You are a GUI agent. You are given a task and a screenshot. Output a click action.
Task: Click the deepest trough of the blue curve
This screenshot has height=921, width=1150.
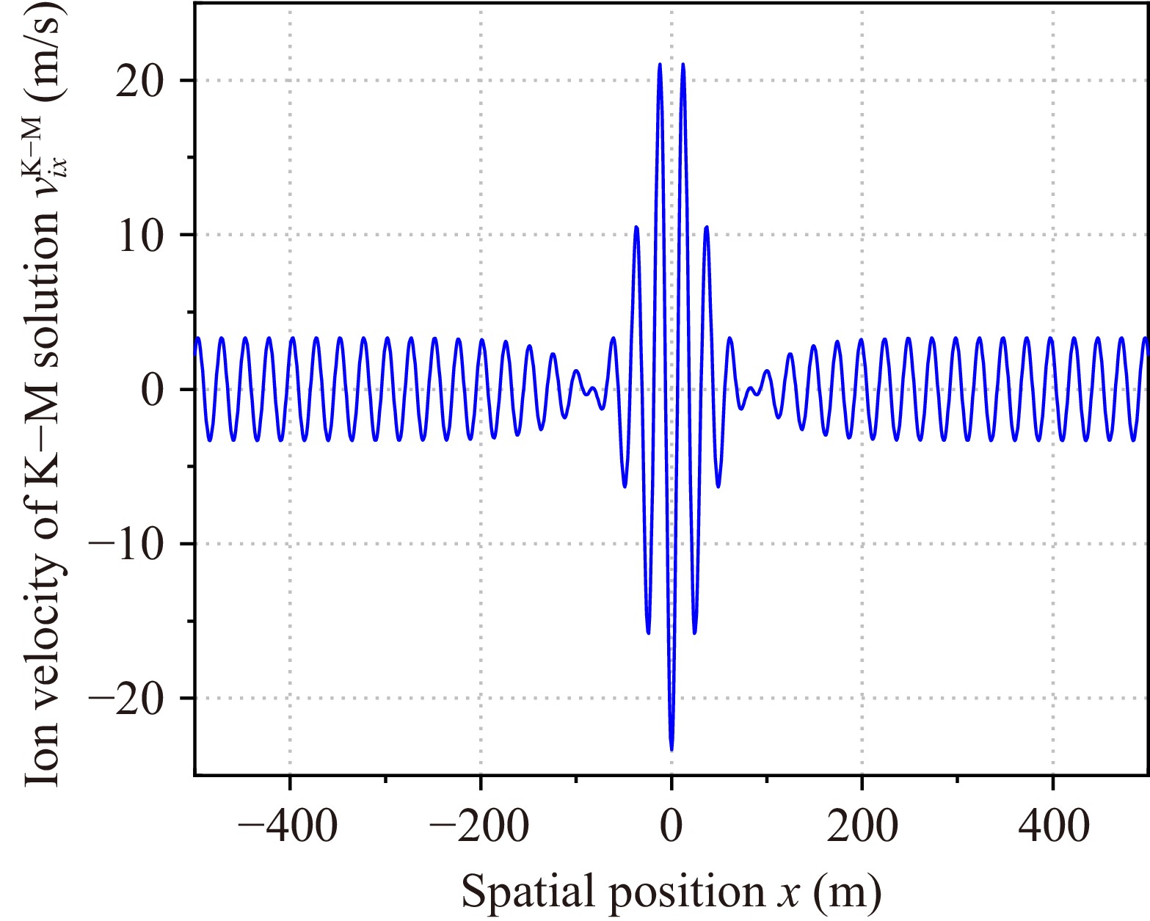pyautogui.click(x=672, y=749)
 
